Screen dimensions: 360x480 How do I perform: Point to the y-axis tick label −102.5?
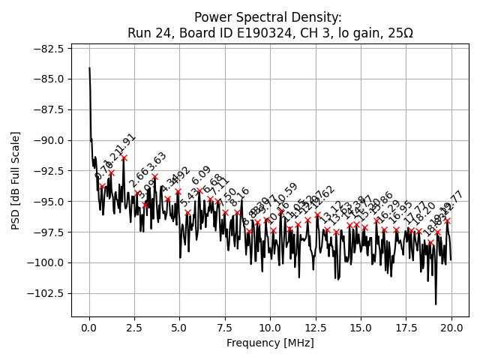coord(47,293)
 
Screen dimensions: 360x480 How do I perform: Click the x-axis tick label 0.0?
coord(89,328)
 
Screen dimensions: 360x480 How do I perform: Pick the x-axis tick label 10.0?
coord(270,328)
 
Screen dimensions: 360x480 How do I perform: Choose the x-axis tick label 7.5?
coord(225,328)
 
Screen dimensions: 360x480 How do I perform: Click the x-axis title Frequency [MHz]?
coord(270,343)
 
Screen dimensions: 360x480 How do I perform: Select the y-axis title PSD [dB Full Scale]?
coord(15,180)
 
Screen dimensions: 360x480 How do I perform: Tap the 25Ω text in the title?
coord(397,33)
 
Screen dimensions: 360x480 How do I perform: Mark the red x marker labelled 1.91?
coord(124,158)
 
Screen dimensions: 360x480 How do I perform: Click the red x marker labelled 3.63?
coord(155,177)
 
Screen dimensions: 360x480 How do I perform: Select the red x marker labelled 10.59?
coord(281,211)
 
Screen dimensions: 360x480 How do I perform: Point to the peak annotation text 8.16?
coord(239,197)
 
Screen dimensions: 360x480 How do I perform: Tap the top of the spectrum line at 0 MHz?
coord(89,68)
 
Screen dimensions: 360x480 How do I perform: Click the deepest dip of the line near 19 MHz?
coord(436,304)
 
